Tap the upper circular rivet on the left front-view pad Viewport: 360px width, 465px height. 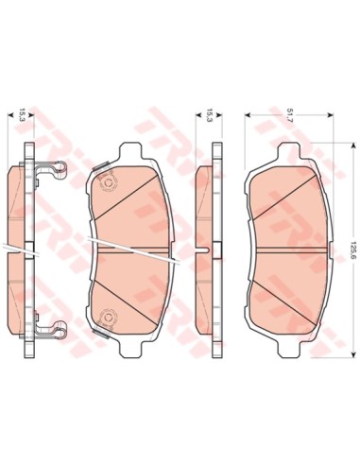click(108, 182)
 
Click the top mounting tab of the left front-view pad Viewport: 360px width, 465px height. click(131, 152)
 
